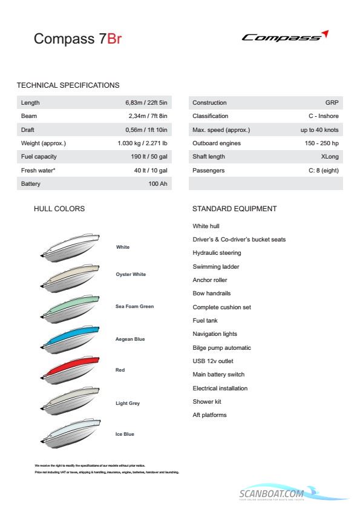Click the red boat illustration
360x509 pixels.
tap(68, 370)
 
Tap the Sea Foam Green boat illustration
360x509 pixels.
tap(68, 307)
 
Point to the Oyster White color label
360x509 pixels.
tap(131, 274)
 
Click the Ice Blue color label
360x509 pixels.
tap(125, 434)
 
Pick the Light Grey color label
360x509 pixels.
tap(128, 403)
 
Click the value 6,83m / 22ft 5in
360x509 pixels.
tap(146, 103)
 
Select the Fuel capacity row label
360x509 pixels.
tap(39, 157)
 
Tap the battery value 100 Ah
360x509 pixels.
tap(157, 183)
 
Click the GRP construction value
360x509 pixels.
tap(332, 103)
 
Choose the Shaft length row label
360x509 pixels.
tap(209, 157)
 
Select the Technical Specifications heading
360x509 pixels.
tap(68, 85)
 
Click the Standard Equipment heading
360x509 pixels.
tap(234, 209)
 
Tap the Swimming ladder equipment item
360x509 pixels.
tap(216, 266)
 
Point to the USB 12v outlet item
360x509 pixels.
tap(213, 361)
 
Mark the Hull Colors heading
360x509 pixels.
tap(59, 209)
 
